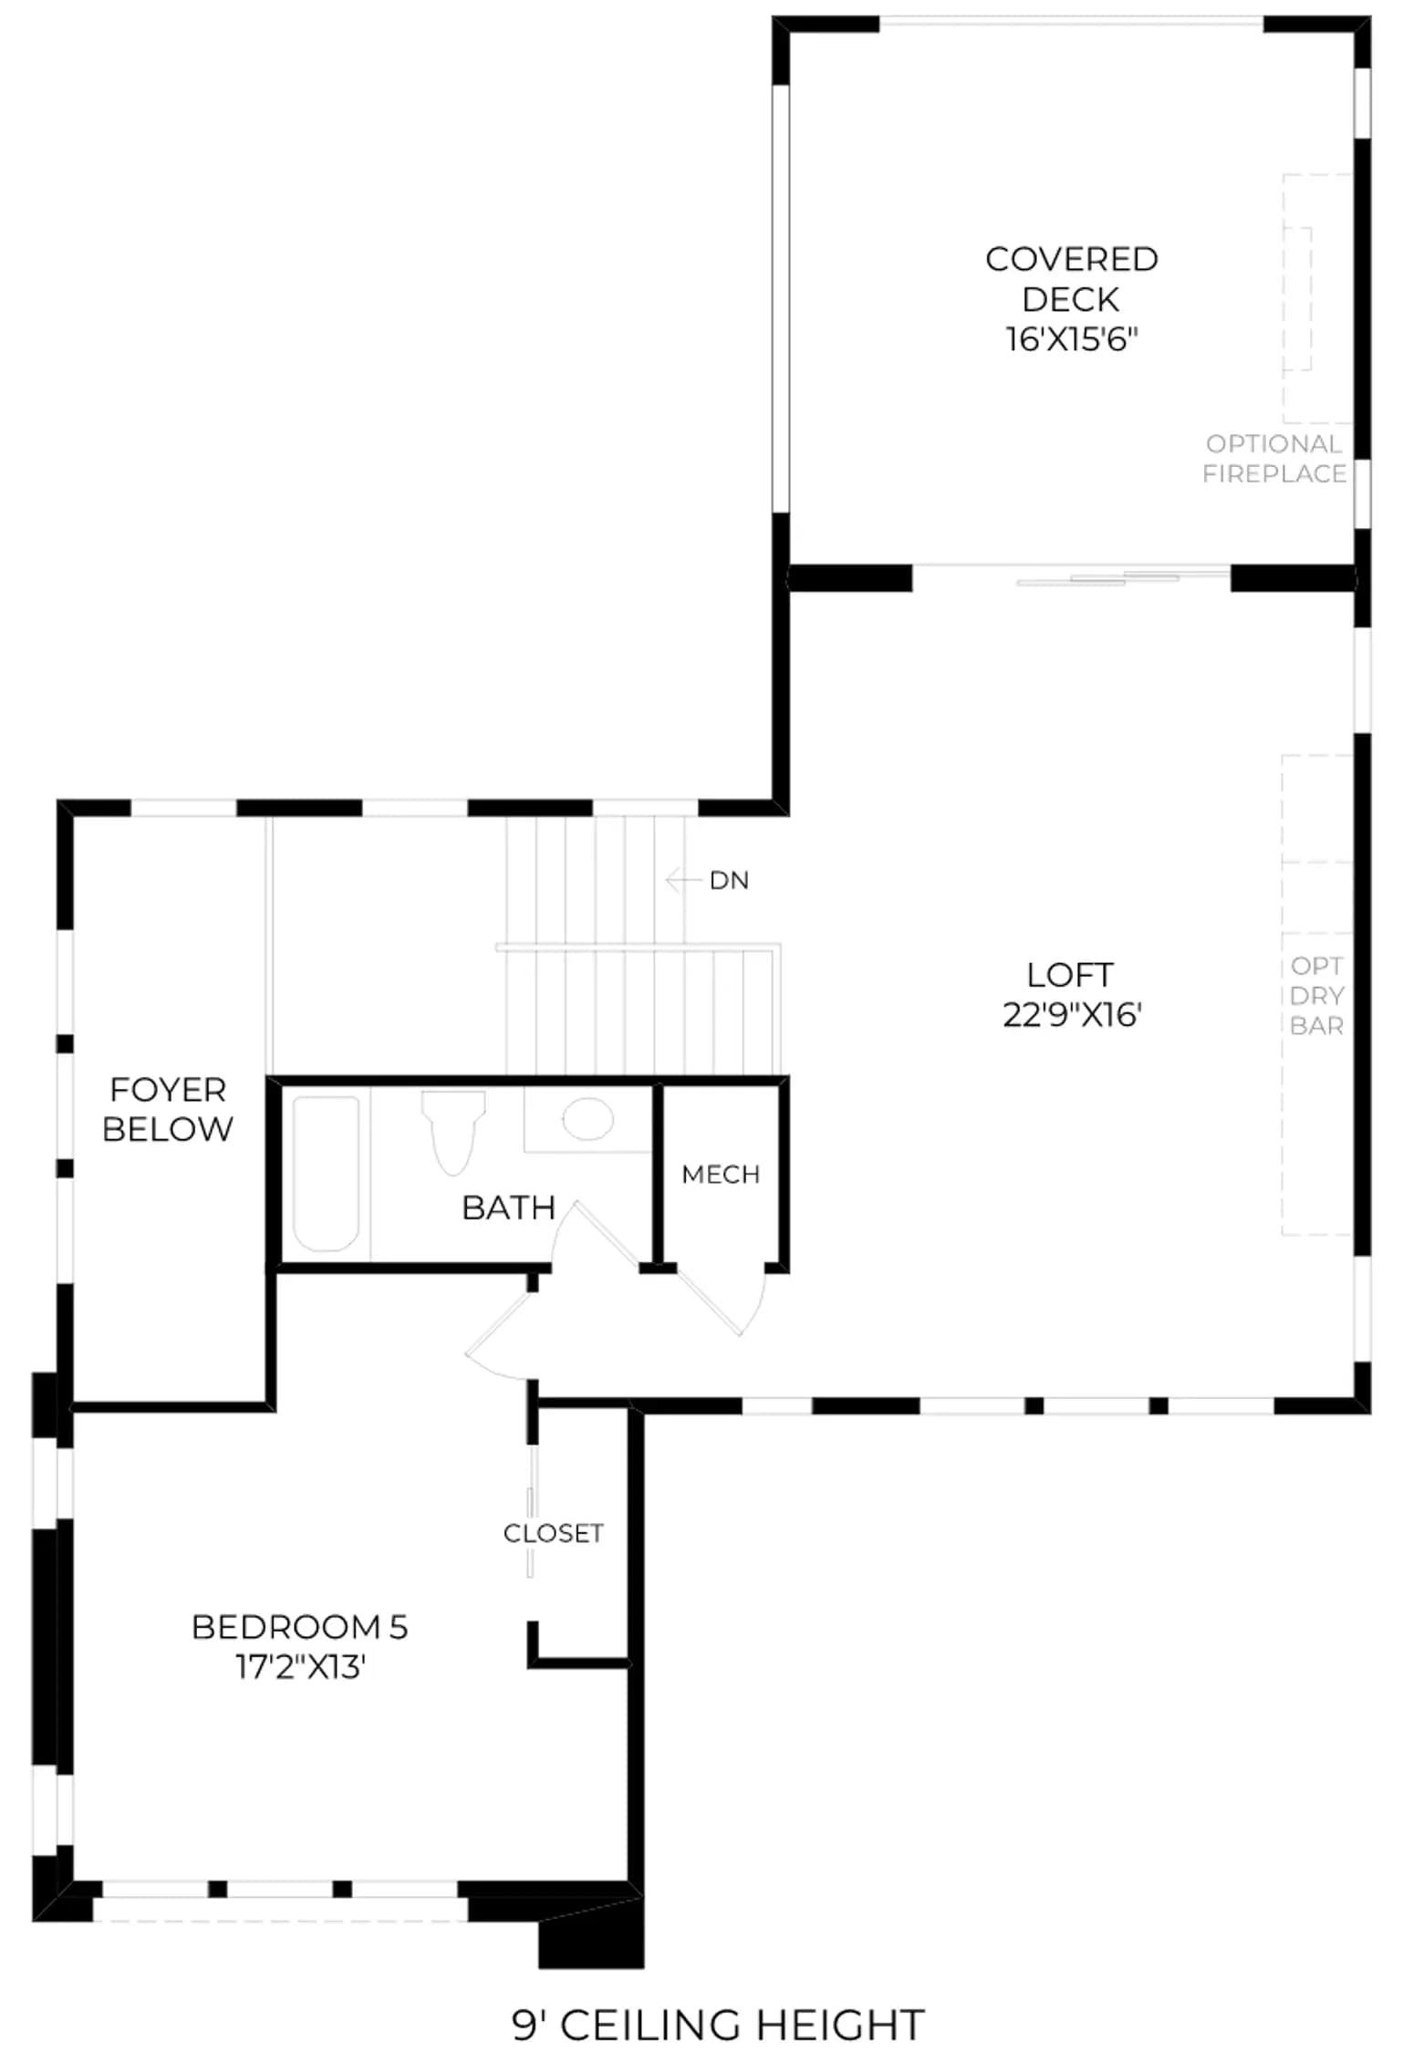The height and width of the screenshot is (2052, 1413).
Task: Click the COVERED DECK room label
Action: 1071,279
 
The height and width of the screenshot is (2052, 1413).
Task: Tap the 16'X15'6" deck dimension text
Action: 1072,339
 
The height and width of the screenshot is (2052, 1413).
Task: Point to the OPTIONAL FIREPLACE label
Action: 1273,459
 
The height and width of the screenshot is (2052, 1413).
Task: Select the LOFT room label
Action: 1070,975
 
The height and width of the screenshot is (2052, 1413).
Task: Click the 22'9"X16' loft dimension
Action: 1072,1015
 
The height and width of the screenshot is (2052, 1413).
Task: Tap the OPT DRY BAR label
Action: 1316,995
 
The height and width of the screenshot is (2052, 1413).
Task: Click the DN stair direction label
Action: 729,880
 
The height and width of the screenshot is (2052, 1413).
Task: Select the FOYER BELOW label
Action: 167,1109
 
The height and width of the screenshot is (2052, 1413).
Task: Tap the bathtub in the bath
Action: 326,1173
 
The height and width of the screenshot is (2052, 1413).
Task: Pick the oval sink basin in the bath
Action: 587,1118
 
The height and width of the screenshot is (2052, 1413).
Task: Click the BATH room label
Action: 508,1207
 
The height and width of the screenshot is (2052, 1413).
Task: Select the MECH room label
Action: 721,1174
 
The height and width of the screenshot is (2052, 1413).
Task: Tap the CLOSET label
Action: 554,1533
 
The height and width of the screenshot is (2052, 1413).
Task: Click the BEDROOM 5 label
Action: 299,1627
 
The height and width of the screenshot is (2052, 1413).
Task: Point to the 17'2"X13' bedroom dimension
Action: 300,1667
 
